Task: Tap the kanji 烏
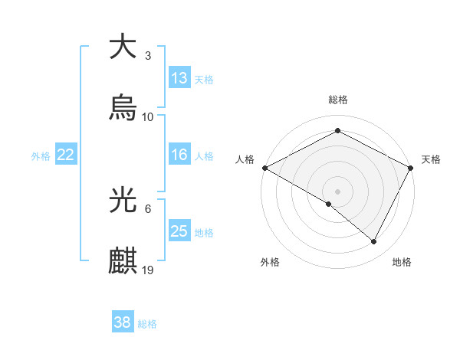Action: pos(123,108)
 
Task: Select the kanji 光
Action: pos(123,200)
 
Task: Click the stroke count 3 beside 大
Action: pos(147,55)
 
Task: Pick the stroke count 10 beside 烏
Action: pos(148,117)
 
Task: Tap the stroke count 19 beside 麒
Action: pos(148,270)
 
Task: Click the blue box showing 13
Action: pos(179,77)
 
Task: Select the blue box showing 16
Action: pos(179,155)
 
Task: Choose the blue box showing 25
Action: pos(179,231)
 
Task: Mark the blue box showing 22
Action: pos(66,155)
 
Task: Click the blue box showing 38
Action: pos(122,322)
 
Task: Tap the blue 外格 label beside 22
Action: pos(41,155)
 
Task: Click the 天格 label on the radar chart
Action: pos(431,159)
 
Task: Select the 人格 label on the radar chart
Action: pos(245,159)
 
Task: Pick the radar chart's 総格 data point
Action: pos(337,131)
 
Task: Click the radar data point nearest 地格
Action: pos(374,242)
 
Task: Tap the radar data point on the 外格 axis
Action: pos(329,204)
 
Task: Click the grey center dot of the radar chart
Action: pos(337,191)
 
